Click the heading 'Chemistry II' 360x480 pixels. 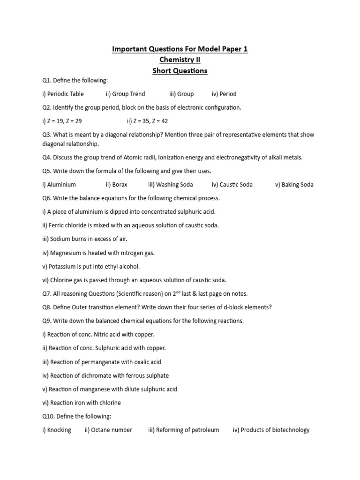[x=180, y=60]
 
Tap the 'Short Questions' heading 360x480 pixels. [x=180, y=71]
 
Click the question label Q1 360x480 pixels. [x=46, y=80]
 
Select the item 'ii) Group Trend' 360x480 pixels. [x=125, y=94]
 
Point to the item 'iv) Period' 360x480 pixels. [x=224, y=94]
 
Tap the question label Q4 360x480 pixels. [x=46, y=157]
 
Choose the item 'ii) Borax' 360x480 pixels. [x=116, y=184]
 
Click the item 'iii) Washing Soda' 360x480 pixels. [x=170, y=184]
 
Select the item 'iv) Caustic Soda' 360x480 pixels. [x=232, y=184]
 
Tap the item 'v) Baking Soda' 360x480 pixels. [x=294, y=184]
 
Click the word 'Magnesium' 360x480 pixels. [x=65, y=253]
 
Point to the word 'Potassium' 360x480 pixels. [x=62, y=266]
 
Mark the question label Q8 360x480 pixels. [x=46, y=307]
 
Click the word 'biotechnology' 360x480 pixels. [x=291, y=430]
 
